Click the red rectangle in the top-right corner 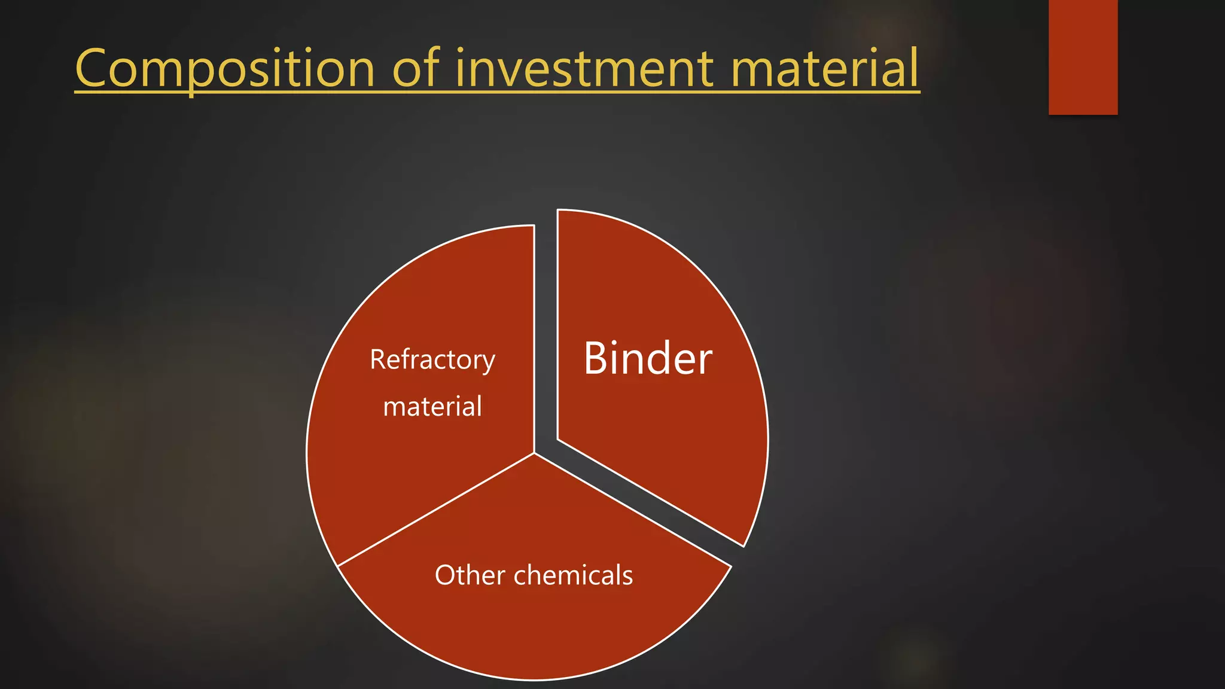(x=1083, y=57)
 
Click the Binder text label (x=648, y=358)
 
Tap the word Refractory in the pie (x=432, y=360)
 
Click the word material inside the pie (x=432, y=407)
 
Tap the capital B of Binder (x=596, y=358)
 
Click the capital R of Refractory (x=378, y=359)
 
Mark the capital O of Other (x=446, y=575)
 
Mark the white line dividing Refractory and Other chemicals (x=437, y=509)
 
